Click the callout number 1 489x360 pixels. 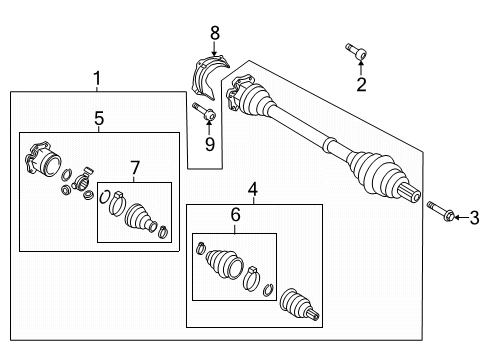[x=97, y=79]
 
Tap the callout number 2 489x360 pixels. [x=361, y=84]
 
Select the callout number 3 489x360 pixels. [x=474, y=218]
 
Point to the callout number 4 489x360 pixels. [x=253, y=189]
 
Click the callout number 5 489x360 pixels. [x=99, y=118]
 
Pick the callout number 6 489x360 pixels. [x=235, y=214]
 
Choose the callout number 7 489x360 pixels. [x=135, y=168]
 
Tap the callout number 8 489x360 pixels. [x=215, y=33]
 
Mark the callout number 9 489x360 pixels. [x=210, y=144]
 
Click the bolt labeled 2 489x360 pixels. [x=356, y=51]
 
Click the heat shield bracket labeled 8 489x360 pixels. [x=207, y=78]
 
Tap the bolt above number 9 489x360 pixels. [x=204, y=112]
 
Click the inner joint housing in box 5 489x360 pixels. [x=43, y=158]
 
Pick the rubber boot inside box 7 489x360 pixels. [x=140, y=217]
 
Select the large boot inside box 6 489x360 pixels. [x=224, y=264]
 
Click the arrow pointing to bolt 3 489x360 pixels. [x=462, y=218]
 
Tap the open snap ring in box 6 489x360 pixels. [x=268, y=290]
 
